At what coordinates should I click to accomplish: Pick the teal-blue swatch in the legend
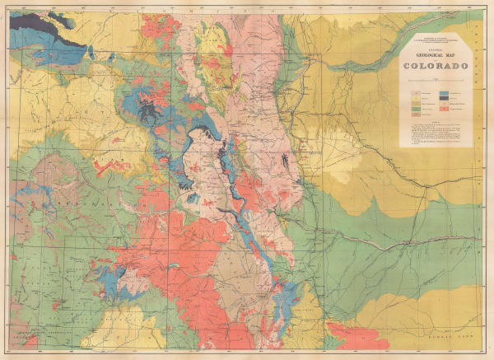445,95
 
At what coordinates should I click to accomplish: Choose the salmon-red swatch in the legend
445,110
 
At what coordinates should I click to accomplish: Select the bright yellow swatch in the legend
415,95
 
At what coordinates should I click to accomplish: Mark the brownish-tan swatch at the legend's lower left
415,110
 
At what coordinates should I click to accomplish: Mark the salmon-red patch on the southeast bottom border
354,334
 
